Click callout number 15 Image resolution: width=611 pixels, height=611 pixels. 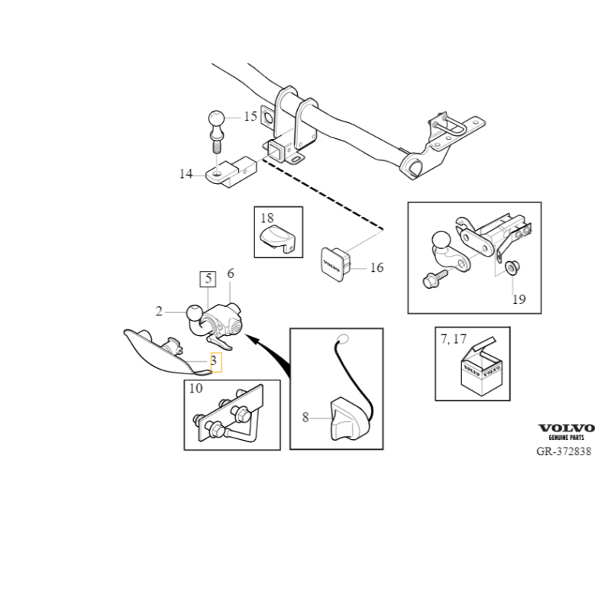251,116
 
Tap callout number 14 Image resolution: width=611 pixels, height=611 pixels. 186,173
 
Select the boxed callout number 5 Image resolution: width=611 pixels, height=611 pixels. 208,279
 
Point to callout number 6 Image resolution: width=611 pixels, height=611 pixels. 231,273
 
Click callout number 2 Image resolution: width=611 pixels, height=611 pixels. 159,312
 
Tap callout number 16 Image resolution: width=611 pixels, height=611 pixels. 377,267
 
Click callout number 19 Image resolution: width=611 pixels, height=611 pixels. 519,299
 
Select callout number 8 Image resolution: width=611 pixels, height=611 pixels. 305,417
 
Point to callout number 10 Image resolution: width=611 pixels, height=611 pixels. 196,388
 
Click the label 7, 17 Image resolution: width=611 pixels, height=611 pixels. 453,339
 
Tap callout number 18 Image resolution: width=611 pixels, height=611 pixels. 267,218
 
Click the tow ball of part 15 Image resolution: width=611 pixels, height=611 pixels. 217,118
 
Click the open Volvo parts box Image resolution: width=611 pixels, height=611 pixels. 481,367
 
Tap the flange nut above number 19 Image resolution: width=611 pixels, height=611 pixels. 512,268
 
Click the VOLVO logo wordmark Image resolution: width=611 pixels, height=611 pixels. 567,428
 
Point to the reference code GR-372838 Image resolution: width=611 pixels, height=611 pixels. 564,451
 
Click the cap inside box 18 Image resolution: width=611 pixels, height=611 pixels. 276,238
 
